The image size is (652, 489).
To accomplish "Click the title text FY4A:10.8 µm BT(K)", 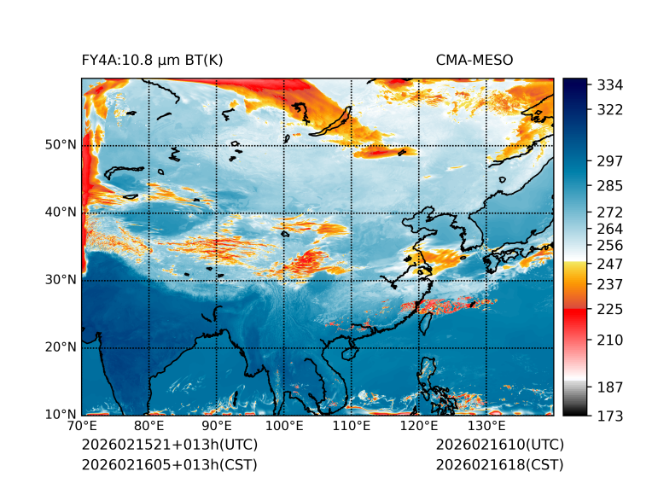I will [x=152, y=60].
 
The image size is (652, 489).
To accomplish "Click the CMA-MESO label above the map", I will [x=474, y=60].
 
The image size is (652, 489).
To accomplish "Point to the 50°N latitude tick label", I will [x=61, y=145].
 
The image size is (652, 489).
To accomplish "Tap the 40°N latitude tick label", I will [x=61, y=212].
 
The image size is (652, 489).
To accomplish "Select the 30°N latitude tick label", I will [x=61, y=280].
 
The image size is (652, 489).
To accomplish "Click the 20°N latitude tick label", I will [x=61, y=347].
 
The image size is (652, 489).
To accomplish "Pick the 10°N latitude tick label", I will [x=61, y=415].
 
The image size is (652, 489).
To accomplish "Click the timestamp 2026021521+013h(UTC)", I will [x=169, y=445].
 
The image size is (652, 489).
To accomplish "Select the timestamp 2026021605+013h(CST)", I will [x=169, y=464].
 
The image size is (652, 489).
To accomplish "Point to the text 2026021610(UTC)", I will [x=499, y=445].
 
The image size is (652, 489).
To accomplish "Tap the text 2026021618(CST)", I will [x=499, y=464].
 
